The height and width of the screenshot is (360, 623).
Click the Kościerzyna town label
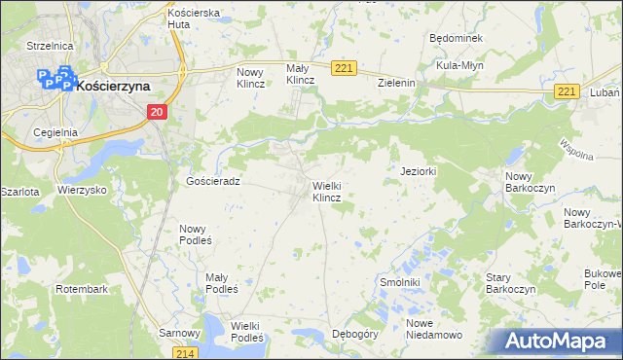pos(113,86)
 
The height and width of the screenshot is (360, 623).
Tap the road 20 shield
pos(158,113)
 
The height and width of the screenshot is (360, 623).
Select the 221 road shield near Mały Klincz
pos(343,68)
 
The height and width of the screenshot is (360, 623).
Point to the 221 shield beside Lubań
pos(569,91)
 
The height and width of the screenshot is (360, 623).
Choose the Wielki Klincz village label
pos(325,191)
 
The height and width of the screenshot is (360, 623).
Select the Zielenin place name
pos(397,84)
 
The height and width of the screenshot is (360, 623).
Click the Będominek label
pos(456,38)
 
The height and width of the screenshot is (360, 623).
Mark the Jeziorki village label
pos(419,171)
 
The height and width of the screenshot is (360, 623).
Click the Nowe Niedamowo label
pos(434,329)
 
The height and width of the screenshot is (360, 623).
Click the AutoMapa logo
pos(556,341)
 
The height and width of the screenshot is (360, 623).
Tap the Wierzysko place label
pos(82,191)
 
